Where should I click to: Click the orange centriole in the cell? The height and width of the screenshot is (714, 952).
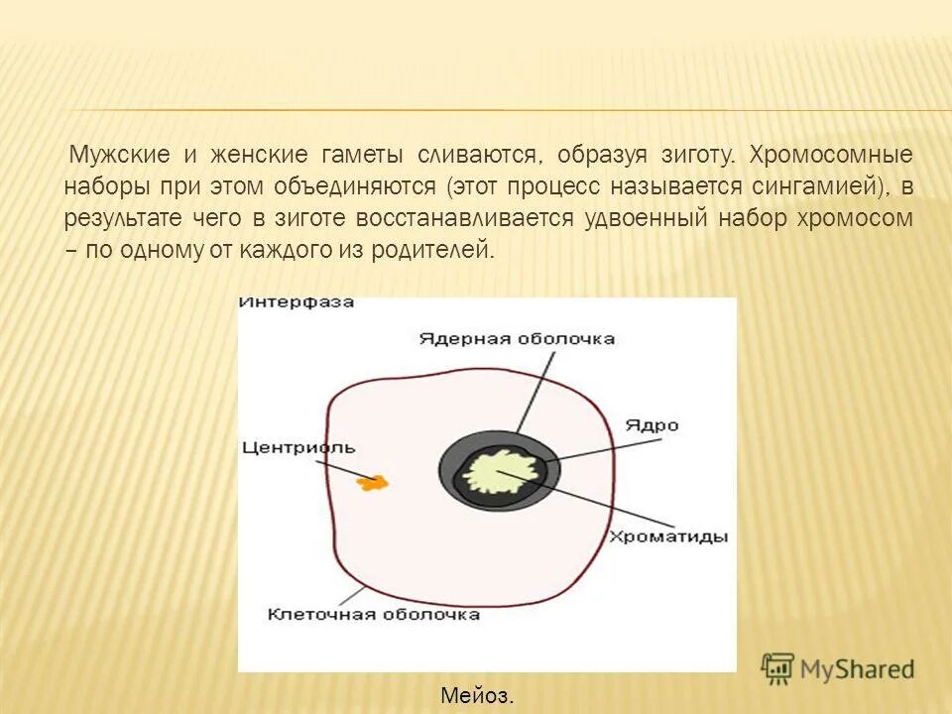point(375,483)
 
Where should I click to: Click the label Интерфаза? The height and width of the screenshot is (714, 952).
point(297,302)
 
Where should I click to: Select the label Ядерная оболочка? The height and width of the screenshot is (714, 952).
point(516,338)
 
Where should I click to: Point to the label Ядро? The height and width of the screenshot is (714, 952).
point(652,424)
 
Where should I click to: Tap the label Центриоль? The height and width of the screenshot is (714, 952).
point(298,447)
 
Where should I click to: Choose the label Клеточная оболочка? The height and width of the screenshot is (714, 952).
point(374,614)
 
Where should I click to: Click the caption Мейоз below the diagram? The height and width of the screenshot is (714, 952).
point(477,696)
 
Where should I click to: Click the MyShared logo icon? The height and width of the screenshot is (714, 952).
point(777,668)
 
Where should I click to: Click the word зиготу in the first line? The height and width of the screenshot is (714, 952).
point(692,156)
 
